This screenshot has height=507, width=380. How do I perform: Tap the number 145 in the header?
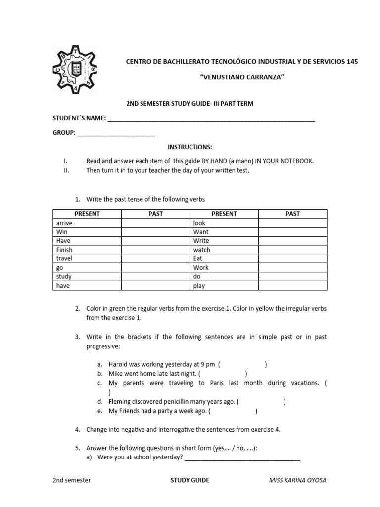tap(352, 61)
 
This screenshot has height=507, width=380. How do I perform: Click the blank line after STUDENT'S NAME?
tap(211, 119)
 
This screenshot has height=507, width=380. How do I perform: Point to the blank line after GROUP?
tap(116, 133)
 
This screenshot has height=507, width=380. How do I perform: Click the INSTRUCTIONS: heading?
tap(190, 147)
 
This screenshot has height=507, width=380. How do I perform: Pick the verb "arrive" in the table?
tap(64, 223)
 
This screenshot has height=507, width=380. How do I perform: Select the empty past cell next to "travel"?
tap(156, 259)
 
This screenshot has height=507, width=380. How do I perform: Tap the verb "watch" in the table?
tap(201, 250)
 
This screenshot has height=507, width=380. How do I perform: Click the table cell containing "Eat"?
tap(198, 259)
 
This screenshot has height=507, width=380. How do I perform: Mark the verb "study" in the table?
tap(64, 277)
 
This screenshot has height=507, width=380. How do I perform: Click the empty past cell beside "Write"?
tap(292, 241)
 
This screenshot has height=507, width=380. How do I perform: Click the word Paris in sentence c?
tap(218, 383)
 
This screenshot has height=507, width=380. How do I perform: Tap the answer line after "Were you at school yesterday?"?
tap(242, 457)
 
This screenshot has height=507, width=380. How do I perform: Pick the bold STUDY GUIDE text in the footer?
tap(190, 480)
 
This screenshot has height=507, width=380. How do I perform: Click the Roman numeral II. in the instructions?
tap(66, 170)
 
